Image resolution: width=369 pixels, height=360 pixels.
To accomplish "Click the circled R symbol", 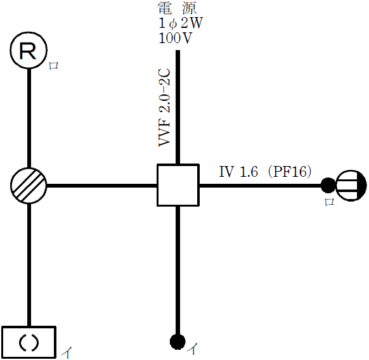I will (x=29, y=51).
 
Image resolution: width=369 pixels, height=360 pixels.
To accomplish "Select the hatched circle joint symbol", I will (x=29, y=186).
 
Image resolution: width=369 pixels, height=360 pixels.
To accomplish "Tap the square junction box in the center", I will (x=178, y=185).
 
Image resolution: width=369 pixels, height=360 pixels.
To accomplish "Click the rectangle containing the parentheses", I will (x=29, y=342).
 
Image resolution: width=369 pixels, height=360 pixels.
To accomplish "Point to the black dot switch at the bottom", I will (x=178, y=342).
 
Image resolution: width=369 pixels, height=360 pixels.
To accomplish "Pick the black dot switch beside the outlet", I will (x=328, y=186).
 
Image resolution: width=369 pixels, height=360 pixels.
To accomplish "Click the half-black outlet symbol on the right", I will (x=351, y=186).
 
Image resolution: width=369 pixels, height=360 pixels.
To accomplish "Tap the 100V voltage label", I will (x=176, y=37).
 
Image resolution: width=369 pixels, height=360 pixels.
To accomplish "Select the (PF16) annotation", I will (x=289, y=172).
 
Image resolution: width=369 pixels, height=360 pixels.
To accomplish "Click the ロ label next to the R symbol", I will (x=54, y=65).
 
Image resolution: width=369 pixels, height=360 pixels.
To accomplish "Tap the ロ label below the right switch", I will (x=329, y=202).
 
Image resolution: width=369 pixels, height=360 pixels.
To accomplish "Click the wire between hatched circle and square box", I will (x=101, y=186).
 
